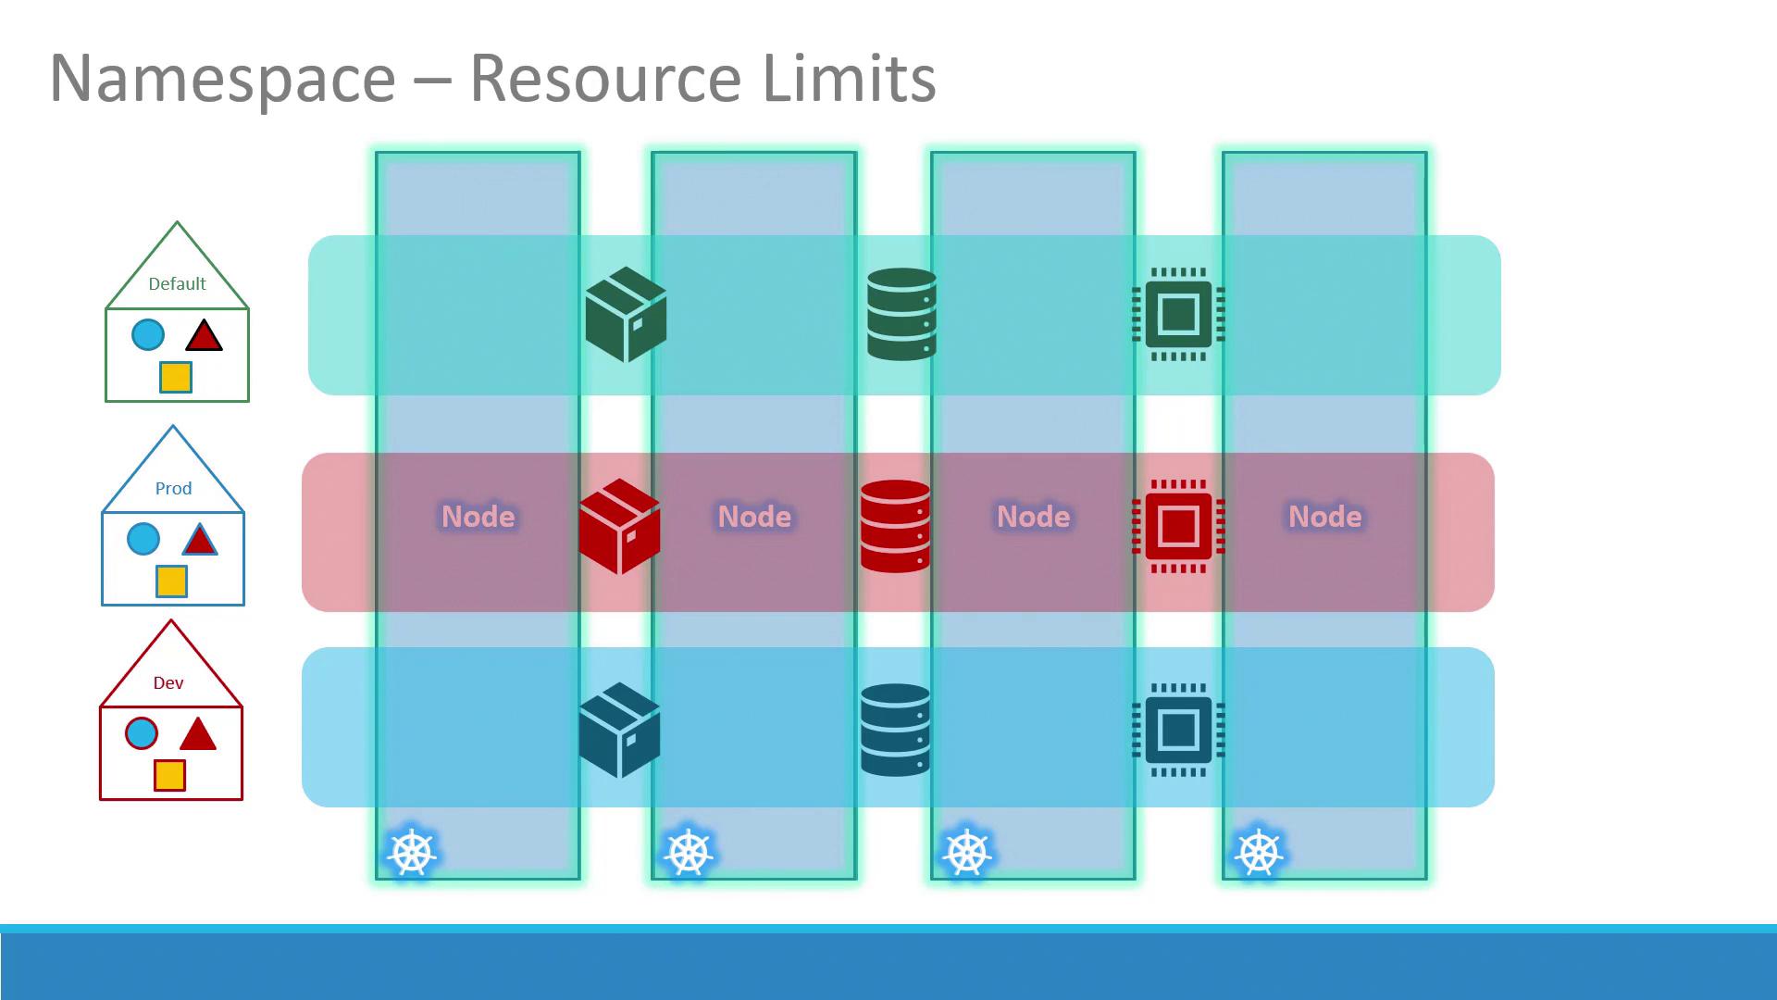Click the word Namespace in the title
tap(222, 79)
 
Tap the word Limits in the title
tap(849, 79)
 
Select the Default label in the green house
tap(177, 284)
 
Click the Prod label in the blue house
tap(173, 489)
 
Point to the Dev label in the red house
tap(168, 683)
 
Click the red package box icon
tap(619, 526)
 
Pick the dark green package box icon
tap(626, 314)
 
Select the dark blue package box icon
tap(619, 730)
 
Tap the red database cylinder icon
tap(895, 526)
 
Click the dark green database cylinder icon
tap(901, 314)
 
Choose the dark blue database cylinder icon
tap(895, 730)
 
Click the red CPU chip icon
tap(1178, 526)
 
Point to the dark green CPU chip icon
tap(1178, 314)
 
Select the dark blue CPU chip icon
tap(1178, 730)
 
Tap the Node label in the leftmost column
tap(478, 517)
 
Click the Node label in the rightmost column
tap(1324, 517)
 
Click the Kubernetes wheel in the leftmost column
tap(412, 852)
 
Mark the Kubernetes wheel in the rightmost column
tap(1259, 852)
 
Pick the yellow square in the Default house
tap(176, 377)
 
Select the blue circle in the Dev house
tap(142, 733)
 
